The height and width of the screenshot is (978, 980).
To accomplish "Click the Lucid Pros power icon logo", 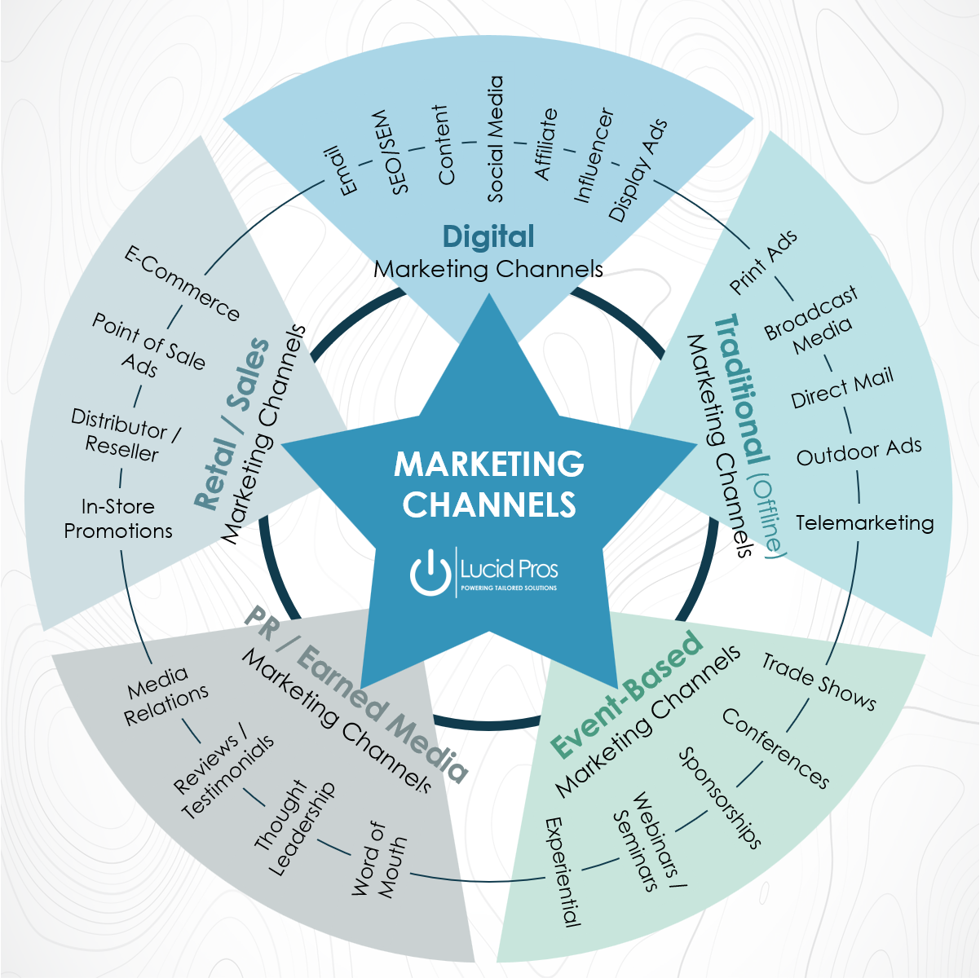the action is (430, 571).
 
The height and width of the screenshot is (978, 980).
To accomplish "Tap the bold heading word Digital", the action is (488, 236).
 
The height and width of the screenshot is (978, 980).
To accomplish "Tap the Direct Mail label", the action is (842, 388).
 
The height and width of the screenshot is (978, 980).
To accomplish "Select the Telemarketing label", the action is (864, 522).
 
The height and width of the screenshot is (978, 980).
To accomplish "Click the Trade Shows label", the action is (819, 681).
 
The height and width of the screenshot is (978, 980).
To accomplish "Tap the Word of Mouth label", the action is (379, 860).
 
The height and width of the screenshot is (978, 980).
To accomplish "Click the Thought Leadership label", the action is (294, 829).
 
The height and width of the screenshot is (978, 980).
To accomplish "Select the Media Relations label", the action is (166, 696).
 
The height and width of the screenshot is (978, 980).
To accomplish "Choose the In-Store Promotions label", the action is (118, 519).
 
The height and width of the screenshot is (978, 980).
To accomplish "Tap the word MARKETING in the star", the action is (489, 464).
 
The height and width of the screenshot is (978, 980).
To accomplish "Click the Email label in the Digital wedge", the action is (342, 171).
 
